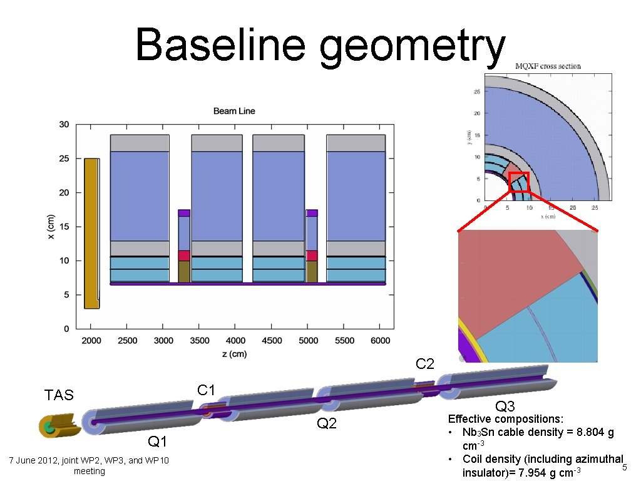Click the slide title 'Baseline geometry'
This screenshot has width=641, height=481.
(x=320, y=45)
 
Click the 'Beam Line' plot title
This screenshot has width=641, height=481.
(x=234, y=111)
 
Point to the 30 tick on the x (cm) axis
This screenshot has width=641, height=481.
(x=64, y=125)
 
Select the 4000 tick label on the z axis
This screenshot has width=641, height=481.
(x=236, y=341)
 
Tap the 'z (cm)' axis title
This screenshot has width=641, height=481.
(x=235, y=354)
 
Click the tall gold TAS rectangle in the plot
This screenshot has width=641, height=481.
(x=91, y=233)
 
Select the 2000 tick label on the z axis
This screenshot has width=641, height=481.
(x=91, y=341)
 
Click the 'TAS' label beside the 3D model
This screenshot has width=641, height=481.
(x=59, y=395)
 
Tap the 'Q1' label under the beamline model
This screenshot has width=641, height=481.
(x=157, y=442)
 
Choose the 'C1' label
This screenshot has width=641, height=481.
(x=207, y=390)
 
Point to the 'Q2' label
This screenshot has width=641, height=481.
(x=327, y=424)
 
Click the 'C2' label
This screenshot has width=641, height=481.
(x=425, y=363)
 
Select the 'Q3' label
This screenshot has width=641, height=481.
(x=505, y=406)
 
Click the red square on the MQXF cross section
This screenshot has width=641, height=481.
(x=519, y=182)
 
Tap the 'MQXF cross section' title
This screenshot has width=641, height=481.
(x=548, y=66)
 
